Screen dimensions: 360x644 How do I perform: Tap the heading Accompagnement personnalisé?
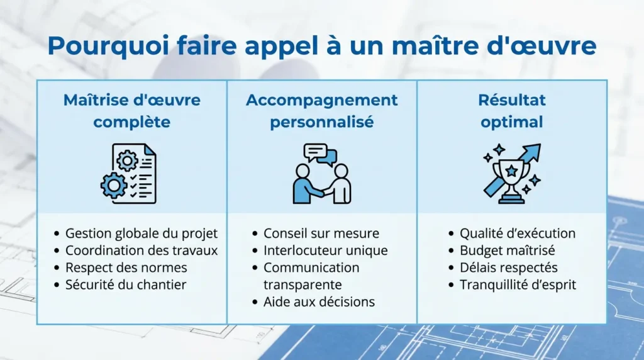tap(321, 111)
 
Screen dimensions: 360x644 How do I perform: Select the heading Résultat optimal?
tap(512, 111)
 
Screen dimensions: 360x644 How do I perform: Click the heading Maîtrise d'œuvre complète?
tap(132, 111)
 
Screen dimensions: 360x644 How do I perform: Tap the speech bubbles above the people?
tap(320, 154)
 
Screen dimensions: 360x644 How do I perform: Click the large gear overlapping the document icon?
tap(114, 186)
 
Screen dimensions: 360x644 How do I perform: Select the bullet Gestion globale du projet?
tap(142, 233)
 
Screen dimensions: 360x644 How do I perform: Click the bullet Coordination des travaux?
tap(142, 250)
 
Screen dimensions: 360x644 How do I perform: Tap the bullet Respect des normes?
tap(126, 267)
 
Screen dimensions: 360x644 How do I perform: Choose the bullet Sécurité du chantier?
tap(126, 284)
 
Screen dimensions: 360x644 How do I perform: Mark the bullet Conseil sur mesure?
tap(321, 233)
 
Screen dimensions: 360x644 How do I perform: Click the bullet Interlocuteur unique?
tap(325, 250)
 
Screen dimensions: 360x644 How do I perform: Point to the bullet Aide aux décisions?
tap(319, 302)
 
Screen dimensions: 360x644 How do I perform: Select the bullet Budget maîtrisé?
tap(507, 250)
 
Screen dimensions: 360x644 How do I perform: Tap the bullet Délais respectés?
tap(508, 267)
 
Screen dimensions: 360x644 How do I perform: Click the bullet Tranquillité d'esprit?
tap(518, 284)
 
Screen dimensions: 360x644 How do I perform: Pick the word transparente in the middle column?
tap(303, 285)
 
